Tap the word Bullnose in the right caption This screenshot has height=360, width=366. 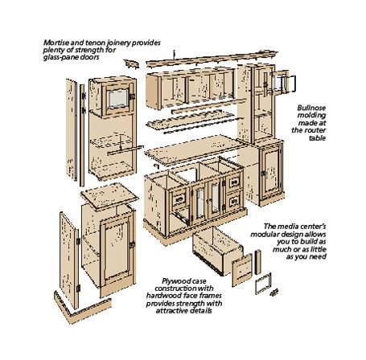(x=311, y=108)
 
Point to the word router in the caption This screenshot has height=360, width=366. (x=315, y=130)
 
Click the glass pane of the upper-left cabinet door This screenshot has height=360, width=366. (x=117, y=98)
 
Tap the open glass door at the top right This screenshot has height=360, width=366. (x=284, y=81)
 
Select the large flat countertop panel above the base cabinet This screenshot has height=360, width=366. (x=195, y=149)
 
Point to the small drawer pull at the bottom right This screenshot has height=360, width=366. (x=273, y=292)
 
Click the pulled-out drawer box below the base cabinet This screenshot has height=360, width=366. (x=218, y=252)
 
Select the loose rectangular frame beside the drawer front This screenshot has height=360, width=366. (x=263, y=284)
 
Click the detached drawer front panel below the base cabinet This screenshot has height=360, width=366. (x=242, y=270)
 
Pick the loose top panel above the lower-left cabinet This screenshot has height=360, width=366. (x=109, y=196)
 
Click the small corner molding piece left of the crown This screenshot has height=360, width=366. (x=132, y=64)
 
